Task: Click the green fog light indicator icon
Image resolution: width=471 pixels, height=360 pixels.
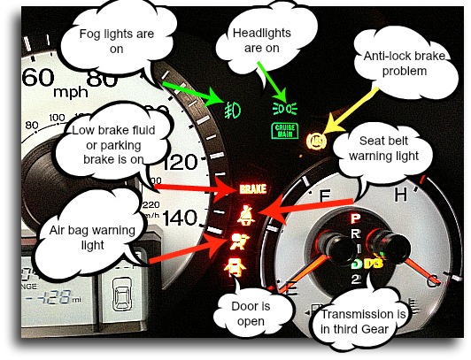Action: (x=232, y=109)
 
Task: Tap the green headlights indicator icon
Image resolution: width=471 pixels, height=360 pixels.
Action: (x=285, y=108)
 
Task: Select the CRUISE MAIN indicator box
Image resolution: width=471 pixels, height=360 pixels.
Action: (x=285, y=131)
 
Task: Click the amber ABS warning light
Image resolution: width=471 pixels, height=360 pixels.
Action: (x=315, y=141)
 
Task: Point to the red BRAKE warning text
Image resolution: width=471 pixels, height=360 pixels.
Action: (x=253, y=189)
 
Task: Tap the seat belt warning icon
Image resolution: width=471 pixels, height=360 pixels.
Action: (x=246, y=215)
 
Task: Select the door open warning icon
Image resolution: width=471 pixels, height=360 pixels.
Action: (x=235, y=267)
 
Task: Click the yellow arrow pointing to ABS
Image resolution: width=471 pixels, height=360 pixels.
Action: (x=352, y=111)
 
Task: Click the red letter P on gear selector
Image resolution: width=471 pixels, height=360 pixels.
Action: (x=355, y=218)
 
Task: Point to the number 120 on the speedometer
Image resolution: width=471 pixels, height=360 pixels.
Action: (x=181, y=162)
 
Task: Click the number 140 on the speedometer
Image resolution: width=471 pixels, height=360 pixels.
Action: (x=180, y=218)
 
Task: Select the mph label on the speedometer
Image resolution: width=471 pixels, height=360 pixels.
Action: (x=71, y=92)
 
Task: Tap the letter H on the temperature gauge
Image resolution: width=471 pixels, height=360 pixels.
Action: (x=401, y=194)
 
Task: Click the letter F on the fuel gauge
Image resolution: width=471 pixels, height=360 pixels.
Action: (x=325, y=195)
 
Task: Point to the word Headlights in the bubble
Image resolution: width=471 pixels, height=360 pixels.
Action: (x=262, y=33)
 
